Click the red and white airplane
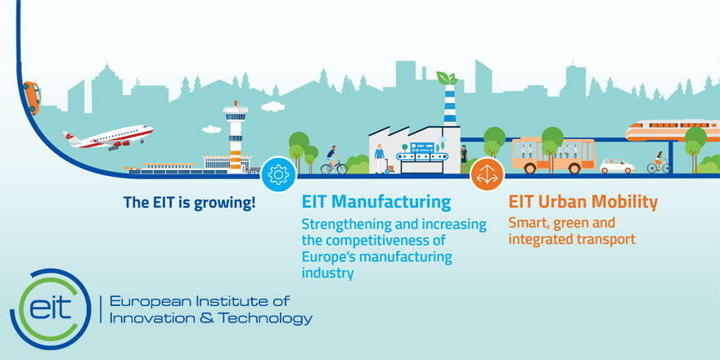pyautogui.click(x=107, y=137)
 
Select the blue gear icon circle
pyautogui.click(x=278, y=174)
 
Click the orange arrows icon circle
pyautogui.click(x=487, y=174)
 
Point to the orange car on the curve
pyautogui.click(x=32, y=98)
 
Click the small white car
pyautogui.click(x=617, y=166)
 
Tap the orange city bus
pyautogui.click(x=553, y=155)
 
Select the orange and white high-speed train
pyautogui.click(x=673, y=130)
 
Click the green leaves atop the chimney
pyautogui.click(x=447, y=78)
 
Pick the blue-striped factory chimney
pyautogui.click(x=450, y=105)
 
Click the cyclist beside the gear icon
pyautogui.click(x=334, y=160)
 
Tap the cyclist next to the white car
pyautogui.click(x=659, y=163)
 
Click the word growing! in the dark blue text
pyautogui.click(x=224, y=203)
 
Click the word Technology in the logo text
pyautogui.click(x=265, y=318)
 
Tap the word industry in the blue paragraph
pyautogui.click(x=327, y=273)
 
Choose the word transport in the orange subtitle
pyautogui.click(x=606, y=239)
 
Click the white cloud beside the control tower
pyautogui.click(x=272, y=106)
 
